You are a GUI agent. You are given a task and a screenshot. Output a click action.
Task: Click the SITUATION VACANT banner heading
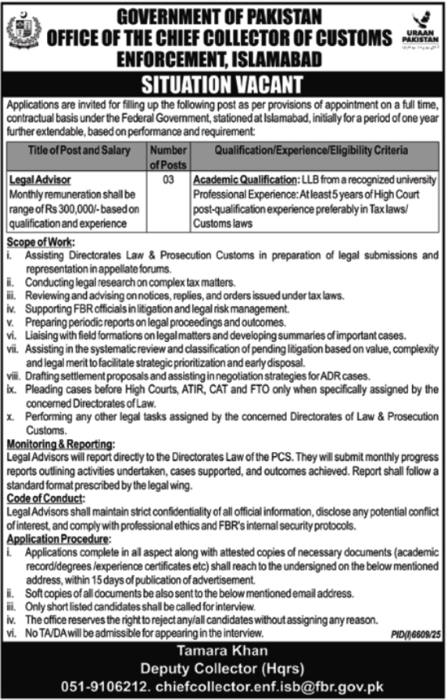(222, 85)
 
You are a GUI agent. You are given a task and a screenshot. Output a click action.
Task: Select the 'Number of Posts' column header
(169, 157)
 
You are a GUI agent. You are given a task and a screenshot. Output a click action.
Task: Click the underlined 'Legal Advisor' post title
(39, 179)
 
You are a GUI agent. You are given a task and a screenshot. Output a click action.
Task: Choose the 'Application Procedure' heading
(58, 537)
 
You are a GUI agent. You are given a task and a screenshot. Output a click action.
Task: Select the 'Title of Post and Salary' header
(75, 151)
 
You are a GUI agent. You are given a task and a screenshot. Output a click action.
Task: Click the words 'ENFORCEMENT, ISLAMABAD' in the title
(222, 58)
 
